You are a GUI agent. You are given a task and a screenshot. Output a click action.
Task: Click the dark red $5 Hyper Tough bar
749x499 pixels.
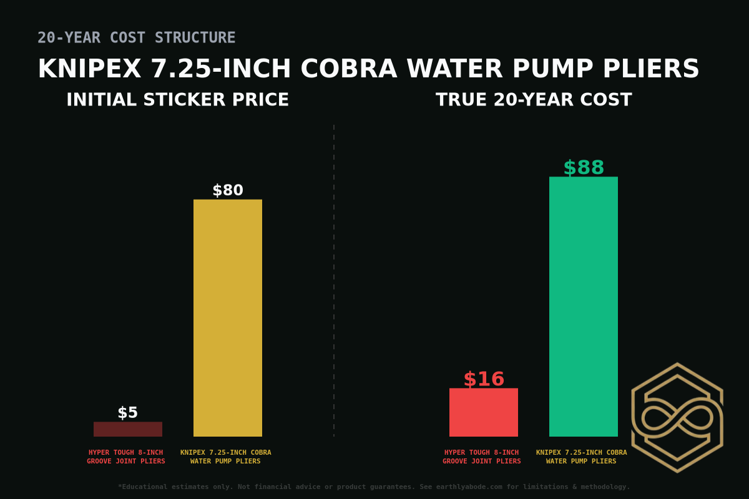click(128, 429)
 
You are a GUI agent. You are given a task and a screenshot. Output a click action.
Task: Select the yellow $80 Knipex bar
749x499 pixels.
click(228, 318)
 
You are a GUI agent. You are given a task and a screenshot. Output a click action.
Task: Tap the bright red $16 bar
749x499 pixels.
click(484, 412)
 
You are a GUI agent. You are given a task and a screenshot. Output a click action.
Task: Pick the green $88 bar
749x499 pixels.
click(584, 306)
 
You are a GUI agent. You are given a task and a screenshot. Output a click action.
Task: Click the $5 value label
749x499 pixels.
click(128, 413)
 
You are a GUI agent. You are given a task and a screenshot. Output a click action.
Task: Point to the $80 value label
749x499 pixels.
click(228, 191)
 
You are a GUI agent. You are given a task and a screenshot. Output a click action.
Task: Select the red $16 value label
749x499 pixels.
click(484, 379)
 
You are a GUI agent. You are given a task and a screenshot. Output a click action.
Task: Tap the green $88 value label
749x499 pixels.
click(584, 168)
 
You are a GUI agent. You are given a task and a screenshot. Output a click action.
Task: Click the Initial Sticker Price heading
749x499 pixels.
click(177, 100)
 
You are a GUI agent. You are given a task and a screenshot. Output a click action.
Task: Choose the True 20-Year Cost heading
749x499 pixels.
click(534, 100)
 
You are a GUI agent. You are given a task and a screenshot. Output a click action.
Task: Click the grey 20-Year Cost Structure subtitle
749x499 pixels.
click(137, 38)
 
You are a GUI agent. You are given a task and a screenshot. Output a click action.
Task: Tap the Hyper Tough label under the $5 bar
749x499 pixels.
click(126, 457)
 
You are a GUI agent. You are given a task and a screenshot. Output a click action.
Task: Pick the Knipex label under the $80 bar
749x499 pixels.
click(226, 457)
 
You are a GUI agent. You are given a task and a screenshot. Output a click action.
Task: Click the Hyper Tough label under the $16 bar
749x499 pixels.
click(482, 457)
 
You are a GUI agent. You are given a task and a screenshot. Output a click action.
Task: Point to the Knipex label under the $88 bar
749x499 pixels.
click(582, 457)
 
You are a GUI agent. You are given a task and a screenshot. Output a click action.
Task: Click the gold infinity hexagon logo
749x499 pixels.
click(677, 417)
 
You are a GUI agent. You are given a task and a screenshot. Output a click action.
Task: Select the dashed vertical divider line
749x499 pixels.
click(334, 281)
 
